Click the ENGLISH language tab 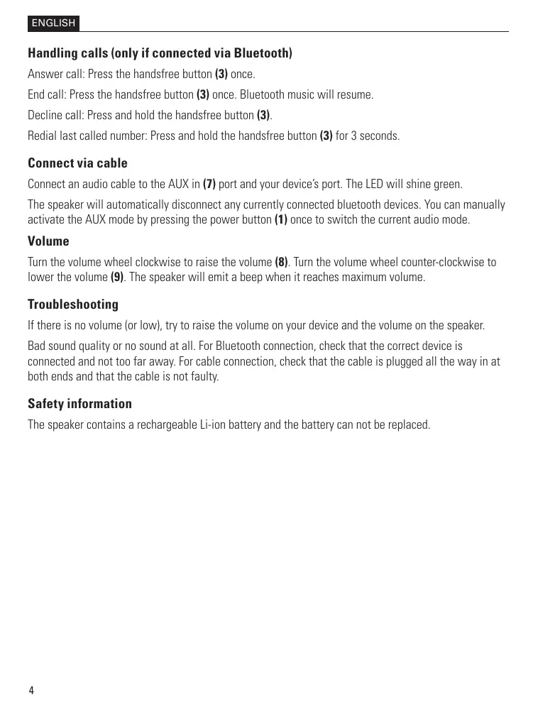tap(53, 23)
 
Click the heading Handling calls tap(160, 53)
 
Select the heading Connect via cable tap(77, 163)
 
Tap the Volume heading tap(48, 241)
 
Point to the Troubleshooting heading tap(73, 305)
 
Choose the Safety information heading tap(79, 404)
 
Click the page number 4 tap(31, 691)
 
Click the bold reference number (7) tap(209, 185)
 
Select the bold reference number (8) tap(281, 263)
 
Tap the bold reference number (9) tap(118, 277)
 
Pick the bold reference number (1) tap(281, 220)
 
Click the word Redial tap(42, 136)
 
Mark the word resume tap(356, 94)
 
